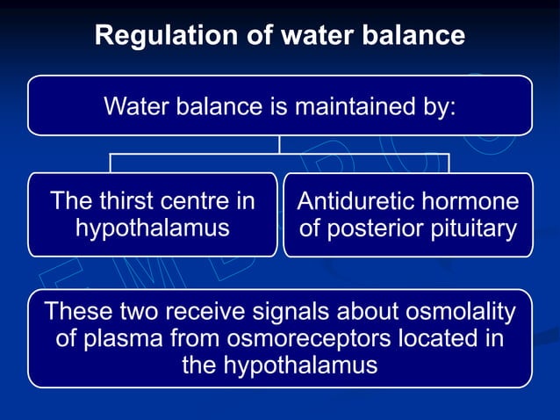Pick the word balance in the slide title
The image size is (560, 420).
(x=412, y=36)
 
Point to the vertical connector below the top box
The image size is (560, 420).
(x=280, y=145)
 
